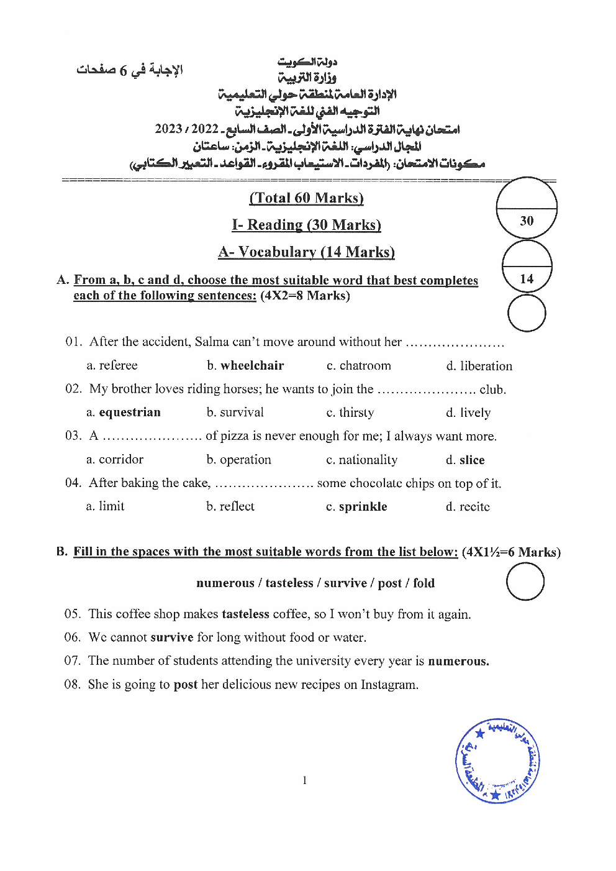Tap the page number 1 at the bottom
[x=304, y=780]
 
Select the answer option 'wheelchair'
[x=252, y=365]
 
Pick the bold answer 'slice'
[x=472, y=460]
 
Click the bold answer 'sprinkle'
[x=363, y=507]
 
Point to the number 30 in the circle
[x=527, y=221]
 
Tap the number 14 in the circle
[x=527, y=279]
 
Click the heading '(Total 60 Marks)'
[x=306, y=198]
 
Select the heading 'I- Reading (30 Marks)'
[x=306, y=225]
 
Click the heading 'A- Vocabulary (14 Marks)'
[x=306, y=252]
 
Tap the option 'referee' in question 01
[x=118, y=365]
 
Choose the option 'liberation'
[x=486, y=366]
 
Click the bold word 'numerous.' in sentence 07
[x=458, y=661]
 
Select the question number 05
[x=73, y=614]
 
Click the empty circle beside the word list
[x=525, y=581]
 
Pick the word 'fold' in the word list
[x=423, y=583]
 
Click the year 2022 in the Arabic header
[x=205, y=129]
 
